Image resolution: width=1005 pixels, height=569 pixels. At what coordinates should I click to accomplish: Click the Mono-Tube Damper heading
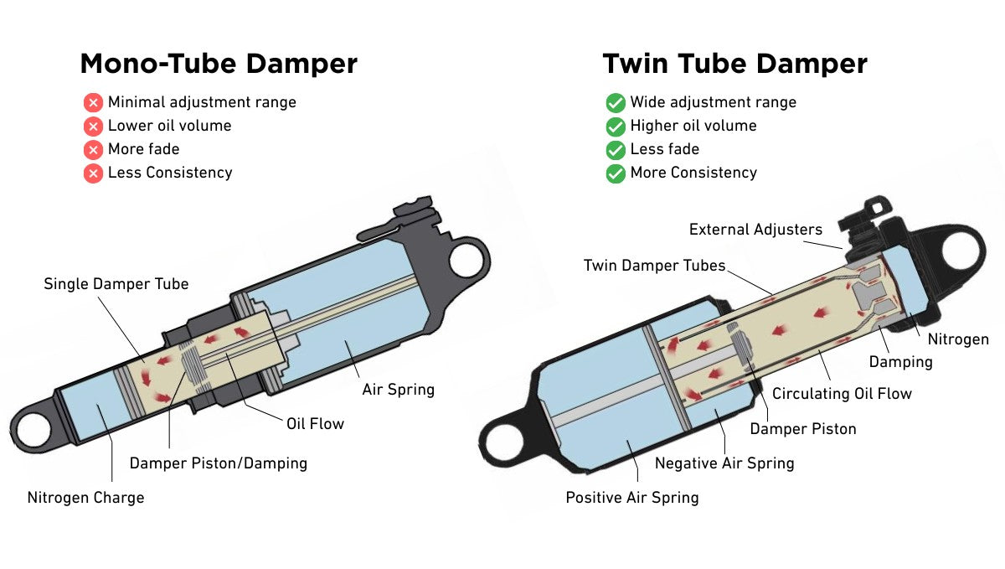pyautogui.click(x=218, y=65)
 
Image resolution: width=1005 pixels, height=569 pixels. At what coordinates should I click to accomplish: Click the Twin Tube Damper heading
pyautogui.click(x=734, y=65)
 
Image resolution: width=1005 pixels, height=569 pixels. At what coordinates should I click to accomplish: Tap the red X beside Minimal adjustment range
pyautogui.click(x=93, y=103)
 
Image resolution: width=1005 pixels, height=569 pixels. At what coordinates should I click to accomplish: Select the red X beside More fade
pyautogui.click(x=93, y=150)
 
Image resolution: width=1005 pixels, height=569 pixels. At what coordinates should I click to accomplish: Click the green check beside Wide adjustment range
pyautogui.click(x=616, y=103)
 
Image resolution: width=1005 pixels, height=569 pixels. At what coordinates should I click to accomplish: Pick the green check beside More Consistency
pyautogui.click(x=616, y=173)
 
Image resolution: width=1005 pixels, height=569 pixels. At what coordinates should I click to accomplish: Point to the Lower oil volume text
pyautogui.click(x=169, y=126)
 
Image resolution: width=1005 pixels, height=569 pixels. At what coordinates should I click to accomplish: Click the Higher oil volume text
pyautogui.click(x=693, y=126)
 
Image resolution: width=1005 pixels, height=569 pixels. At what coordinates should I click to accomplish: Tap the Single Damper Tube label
pyautogui.click(x=116, y=284)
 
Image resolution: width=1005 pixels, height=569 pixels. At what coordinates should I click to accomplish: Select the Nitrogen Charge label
pyautogui.click(x=85, y=498)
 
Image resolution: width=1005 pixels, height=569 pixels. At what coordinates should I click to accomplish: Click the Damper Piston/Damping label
pyautogui.click(x=218, y=463)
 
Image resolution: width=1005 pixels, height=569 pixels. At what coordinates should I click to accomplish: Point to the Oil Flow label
pyautogui.click(x=315, y=423)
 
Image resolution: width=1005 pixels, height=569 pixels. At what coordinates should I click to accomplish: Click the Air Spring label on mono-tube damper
pyautogui.click(x=398, y=390)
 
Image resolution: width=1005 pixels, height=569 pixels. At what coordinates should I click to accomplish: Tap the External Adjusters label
pyautogui.click(x=755, y=230)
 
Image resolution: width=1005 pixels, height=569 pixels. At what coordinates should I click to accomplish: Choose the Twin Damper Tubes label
pyautogui.click(x=654, y=266)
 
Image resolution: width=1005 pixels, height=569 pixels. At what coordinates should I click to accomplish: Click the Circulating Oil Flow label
pyautogui.click(x=842, y=393)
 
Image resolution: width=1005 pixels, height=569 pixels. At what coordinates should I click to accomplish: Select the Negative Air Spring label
pyautogui.click(x=724, y=463)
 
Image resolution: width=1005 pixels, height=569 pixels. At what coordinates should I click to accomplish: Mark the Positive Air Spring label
pyautogui.click(x=631, y=498)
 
